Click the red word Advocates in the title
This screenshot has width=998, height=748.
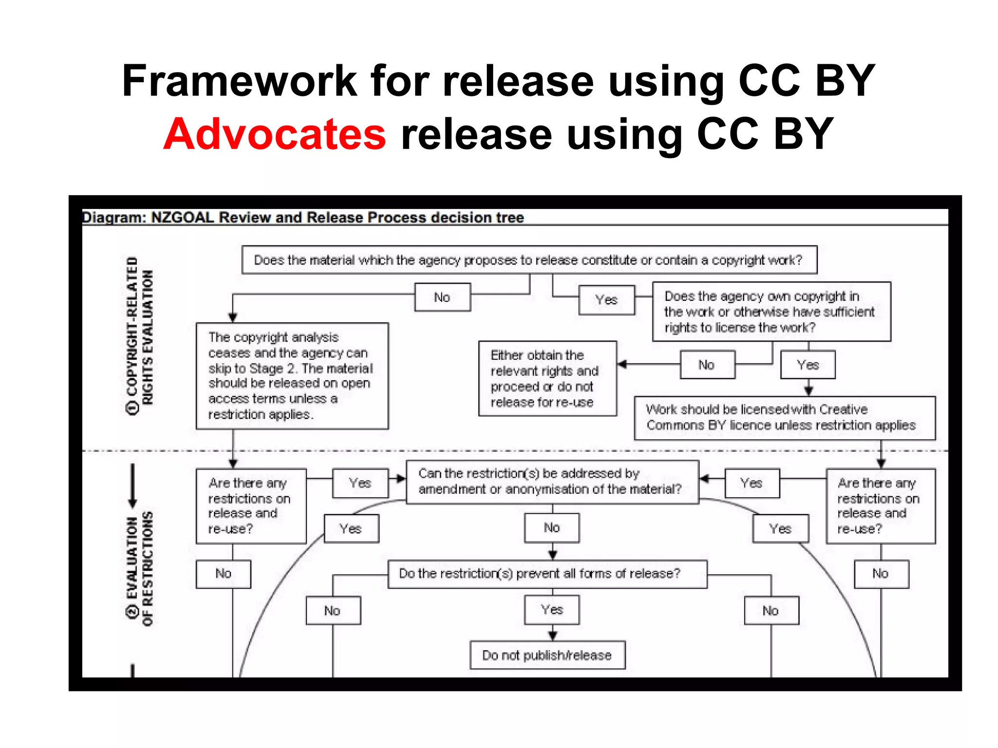(274, 134)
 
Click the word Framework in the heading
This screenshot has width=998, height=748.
(239, 81)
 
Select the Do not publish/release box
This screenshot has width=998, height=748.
(547, 655)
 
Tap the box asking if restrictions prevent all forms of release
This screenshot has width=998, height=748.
(547, 574)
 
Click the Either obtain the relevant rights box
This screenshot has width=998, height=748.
(547, 378)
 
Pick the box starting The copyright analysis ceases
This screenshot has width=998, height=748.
(292, 375)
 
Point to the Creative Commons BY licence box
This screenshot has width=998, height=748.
(784, 418)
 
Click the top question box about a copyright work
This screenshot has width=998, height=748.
(529, 260)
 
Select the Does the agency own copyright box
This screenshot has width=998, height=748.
(771, 312)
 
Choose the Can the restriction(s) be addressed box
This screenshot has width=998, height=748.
(552, 482)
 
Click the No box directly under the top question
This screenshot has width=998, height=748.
(442, 297)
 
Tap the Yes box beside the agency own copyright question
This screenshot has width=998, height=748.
(606, 300)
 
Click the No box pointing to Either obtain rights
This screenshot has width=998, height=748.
(707, 365)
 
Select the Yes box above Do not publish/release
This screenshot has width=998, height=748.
(552, 610)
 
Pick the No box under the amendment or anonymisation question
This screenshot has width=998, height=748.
(552, 528)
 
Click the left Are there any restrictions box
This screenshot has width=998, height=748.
(250, 506)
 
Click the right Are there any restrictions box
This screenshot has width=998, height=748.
(880, 506)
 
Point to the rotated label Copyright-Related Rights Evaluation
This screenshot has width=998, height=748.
(140, 336)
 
